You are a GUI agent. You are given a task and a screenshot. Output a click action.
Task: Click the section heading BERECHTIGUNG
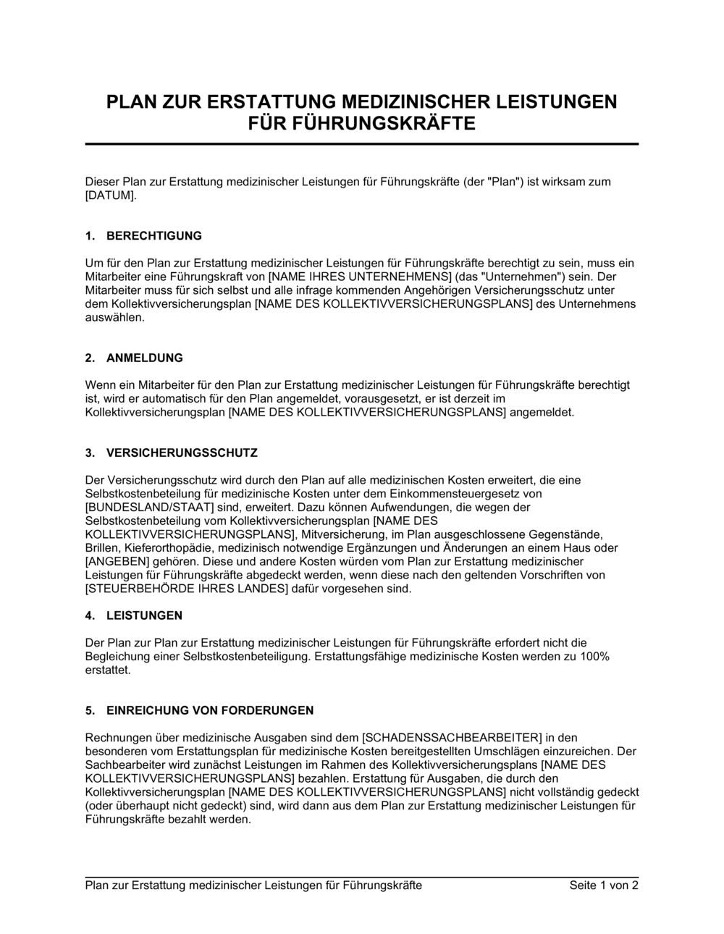[x=154, y=236]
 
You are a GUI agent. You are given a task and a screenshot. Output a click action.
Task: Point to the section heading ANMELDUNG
[x=145, y=358]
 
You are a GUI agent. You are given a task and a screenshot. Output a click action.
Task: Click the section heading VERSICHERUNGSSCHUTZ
[x=182, y=453]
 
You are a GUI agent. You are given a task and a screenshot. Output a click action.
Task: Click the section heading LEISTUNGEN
[x=144, y=615]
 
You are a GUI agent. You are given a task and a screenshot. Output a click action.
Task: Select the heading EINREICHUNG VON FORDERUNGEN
[x=210, y=710]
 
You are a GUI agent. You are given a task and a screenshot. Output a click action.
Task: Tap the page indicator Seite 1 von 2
[x=604, y=885]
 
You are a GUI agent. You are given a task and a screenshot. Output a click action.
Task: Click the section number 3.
[x=90, y=453]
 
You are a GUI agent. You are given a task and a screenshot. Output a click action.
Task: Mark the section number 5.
[x=90, y=710]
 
